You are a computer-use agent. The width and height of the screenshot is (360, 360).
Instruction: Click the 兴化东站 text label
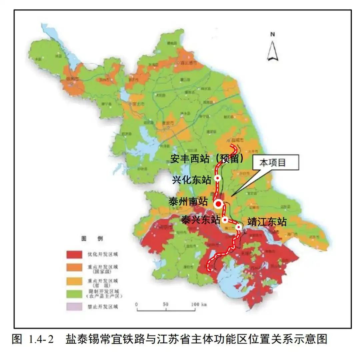pyautogui.click(x=192, y=180)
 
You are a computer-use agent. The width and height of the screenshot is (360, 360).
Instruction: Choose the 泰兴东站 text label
pyautogui.click(x=200, y=220)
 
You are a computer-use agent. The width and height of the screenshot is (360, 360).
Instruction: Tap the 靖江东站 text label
pyautogui.click(x=266, y=222)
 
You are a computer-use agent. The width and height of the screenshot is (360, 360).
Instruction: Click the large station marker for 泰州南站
pyautogui.click(x=219, y=204)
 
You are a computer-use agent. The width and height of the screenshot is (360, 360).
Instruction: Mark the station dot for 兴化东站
pyautogui.click(x=218, y=178)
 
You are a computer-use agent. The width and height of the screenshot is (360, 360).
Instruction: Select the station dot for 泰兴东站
pyautogui.click(x=225, y=220)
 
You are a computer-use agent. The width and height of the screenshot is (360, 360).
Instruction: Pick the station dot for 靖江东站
pyautogui.click(x=239, y=227)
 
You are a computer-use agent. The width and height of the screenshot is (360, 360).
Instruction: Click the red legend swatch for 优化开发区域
pyautogui.click(x=75, y=255)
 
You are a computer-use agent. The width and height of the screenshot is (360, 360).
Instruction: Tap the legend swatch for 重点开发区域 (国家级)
pyautogui.click(x=75, y=268)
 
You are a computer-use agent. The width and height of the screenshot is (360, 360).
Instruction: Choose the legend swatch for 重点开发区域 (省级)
pyautogui.click(x=75, y=282)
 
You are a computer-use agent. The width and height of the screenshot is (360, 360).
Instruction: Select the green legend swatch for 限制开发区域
pyautogui.click(x=75, y=294)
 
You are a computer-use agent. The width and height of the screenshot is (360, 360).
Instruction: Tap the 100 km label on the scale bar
pyautogui.click(x=200, y=304)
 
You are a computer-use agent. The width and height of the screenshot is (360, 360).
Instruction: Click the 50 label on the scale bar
pyautogui.click(x=165, y=304)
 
